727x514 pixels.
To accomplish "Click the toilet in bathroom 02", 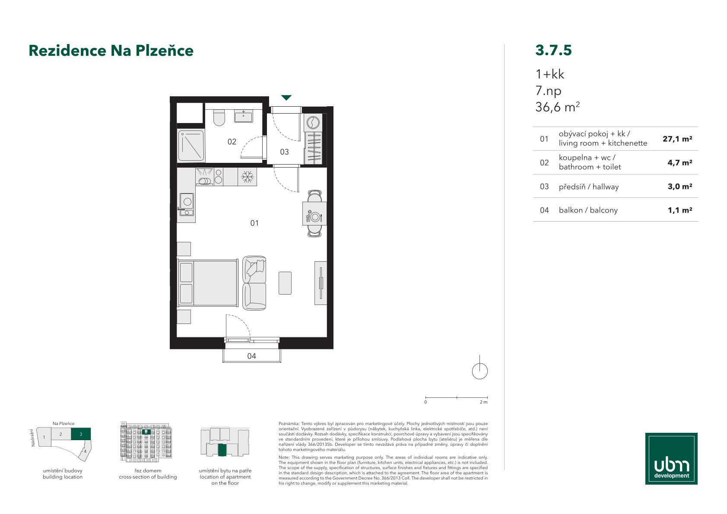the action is point(219,117).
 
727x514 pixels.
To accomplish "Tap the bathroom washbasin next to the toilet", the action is point(244,116).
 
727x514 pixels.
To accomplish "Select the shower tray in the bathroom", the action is point(191,145).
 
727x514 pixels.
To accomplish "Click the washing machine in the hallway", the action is point(313,123).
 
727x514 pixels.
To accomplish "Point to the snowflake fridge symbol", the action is point(248,177).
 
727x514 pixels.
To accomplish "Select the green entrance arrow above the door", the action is point(286,97).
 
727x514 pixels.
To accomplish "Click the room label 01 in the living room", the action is point(254,223).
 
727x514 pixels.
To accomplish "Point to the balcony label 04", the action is point(251,356).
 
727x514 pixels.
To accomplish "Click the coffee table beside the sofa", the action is point(285,283).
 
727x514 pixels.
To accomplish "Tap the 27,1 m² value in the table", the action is point(677,139).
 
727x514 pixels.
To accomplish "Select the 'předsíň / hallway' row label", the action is point(589,187).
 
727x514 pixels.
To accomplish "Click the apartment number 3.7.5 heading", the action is point(553,50).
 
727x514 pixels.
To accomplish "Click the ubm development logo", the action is point(671,459).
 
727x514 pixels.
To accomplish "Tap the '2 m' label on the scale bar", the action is point(483,402).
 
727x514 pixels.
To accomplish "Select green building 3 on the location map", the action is point(81,434).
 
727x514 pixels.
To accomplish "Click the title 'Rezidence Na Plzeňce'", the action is point(111,51).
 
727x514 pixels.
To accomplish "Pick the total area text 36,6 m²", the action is point(557,107).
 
